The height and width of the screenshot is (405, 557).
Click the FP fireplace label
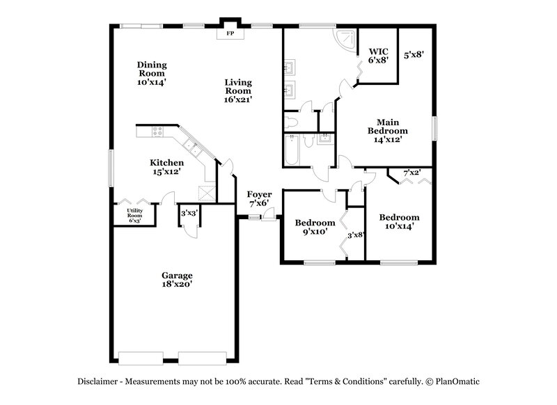(x=229, y=33)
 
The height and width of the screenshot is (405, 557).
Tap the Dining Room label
(x=151, y=73)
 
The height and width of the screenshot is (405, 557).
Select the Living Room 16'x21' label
(x=237, y=90)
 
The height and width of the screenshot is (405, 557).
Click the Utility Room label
(x=134, y=215)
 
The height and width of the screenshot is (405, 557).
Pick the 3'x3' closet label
(x=188, y=214)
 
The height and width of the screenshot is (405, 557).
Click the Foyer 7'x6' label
(x=259, y=199)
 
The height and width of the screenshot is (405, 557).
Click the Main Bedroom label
(x=388, y=129)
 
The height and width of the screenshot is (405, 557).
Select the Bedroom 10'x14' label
(x=399, y=221)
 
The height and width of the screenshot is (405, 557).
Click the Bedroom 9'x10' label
(x=315, y=227)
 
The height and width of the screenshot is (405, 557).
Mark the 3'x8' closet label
(x=356, y=235)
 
